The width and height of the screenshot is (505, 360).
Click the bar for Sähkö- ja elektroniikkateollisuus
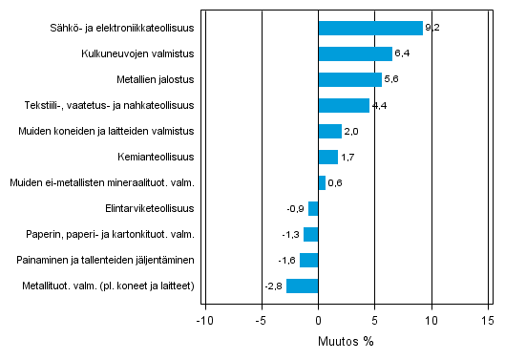(369, 28)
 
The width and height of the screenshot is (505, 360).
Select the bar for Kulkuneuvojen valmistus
(354, 53)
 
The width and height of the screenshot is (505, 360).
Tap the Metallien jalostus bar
(349, 79)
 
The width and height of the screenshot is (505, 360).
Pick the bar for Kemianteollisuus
(327, 157)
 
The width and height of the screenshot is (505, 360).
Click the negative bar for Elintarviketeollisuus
(313, 208)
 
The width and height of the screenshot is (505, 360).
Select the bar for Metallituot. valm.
(302, 286)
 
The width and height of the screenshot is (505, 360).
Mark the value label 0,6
(335, 182)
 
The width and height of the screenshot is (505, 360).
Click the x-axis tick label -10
(203, 320)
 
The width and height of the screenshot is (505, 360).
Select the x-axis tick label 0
(318, 320)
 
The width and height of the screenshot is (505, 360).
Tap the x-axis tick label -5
(260, 320)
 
